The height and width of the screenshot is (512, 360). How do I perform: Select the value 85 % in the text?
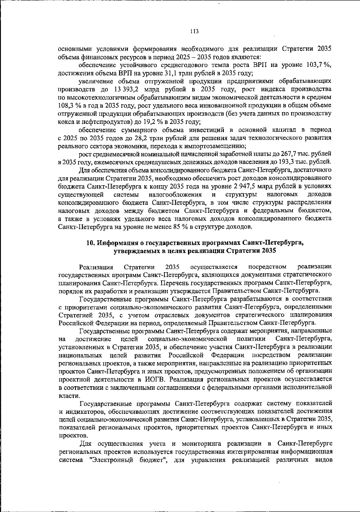coord(181,227)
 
